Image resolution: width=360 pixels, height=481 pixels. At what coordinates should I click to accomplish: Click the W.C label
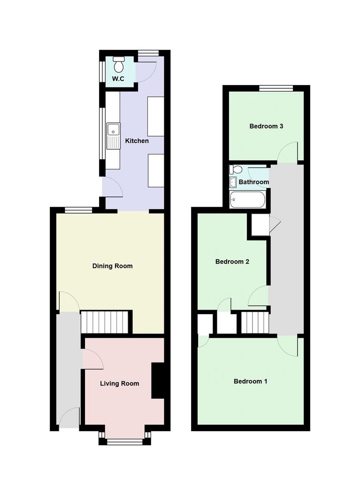(x=118, y=79)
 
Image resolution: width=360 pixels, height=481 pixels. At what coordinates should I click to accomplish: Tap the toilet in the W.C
(x=118, y=64)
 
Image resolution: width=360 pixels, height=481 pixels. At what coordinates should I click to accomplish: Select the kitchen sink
(x=114, y=136)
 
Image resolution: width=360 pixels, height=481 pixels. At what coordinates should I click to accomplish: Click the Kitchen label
(x=137, y=141)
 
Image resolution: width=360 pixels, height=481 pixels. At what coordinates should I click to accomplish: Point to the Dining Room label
(x=113, y=266)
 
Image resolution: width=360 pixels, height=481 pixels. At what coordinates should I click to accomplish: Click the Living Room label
(x=120, y=383)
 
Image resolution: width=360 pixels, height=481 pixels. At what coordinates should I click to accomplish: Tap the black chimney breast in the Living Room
(x=158, y=380)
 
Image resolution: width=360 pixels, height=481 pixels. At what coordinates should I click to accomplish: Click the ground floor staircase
(x=104, y=322)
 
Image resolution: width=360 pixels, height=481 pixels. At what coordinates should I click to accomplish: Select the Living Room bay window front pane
(x=125, y=442)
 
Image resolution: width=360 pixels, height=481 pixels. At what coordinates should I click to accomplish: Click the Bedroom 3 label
(x=266, y=126)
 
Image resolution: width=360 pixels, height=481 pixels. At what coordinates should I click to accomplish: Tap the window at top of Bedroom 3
(x=276, y=88)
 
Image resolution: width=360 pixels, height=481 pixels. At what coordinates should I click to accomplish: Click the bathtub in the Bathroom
(x=247, y=200)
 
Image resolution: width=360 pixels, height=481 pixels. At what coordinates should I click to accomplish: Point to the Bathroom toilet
(x=236, y=169)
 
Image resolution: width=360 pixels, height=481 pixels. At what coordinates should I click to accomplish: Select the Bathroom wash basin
(x=233, y=182)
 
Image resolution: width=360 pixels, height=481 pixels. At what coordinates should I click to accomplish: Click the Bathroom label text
(x=254, y=182)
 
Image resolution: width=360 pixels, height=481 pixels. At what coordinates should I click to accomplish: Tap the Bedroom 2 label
(x=232, y=262)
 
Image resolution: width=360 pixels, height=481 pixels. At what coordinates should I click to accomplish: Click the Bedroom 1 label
(x=251, y=381)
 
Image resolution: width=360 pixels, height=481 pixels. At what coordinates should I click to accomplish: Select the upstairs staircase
(x=255, y=322)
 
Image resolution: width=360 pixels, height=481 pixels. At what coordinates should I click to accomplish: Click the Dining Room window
(x=78, y=210)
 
